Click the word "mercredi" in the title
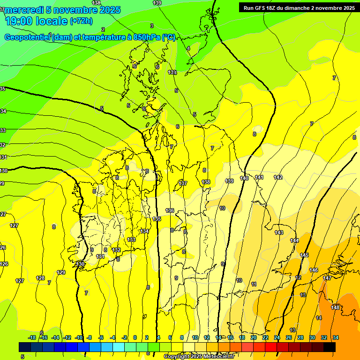(24, 10)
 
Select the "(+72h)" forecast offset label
(81, 21)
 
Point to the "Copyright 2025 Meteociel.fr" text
(199, 357)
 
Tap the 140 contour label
(244, 178)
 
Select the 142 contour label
(278, 177)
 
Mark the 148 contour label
(335, 307)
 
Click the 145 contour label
(304, 255)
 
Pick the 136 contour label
(170, 210)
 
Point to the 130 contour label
(81, 264)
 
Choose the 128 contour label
(40, 278)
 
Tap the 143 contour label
(279, 232)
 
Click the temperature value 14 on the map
(319, 318)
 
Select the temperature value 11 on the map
(254, 284)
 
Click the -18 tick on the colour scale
(32, 337)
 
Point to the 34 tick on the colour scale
(336, 337)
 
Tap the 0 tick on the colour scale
(135, 337)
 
